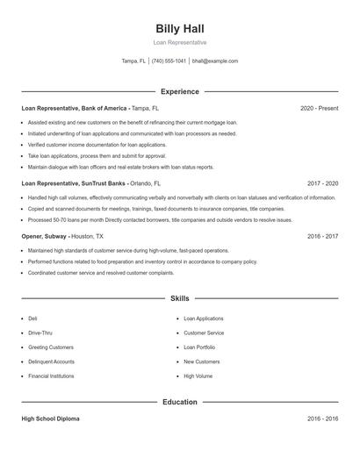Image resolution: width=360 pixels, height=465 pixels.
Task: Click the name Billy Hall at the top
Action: tap(180, 28)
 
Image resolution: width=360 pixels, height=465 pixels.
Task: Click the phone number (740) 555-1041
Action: tap(169, 61)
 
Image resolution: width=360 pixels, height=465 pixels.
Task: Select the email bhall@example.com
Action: tap(215, 61)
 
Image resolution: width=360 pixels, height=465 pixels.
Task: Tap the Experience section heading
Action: tap(180, 91)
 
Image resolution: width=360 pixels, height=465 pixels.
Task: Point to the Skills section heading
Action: tap(180, 298)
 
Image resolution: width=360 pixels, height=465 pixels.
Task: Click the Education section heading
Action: tap(180, 402)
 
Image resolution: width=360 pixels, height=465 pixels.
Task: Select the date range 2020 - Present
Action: tap(319, 108)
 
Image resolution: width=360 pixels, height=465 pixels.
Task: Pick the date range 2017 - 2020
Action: tap(322, 183)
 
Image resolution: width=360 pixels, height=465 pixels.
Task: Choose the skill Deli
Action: tap(32, 318)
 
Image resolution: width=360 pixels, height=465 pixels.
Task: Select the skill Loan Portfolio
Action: tap(199, 347)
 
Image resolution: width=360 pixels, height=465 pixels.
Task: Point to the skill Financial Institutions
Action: tap(51, 375)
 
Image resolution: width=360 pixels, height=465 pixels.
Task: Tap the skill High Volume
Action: tap(198, 375)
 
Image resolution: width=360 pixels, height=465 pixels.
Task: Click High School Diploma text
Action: tap(50, 419)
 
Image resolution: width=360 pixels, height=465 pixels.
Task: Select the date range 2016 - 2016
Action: tap(322, 419)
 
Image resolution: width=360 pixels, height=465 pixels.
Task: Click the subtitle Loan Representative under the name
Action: tap(180, 42)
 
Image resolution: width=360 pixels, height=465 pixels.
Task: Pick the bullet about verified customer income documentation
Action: tap(97, 144)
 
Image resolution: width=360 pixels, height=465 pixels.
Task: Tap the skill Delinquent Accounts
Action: tap(51, 361)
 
